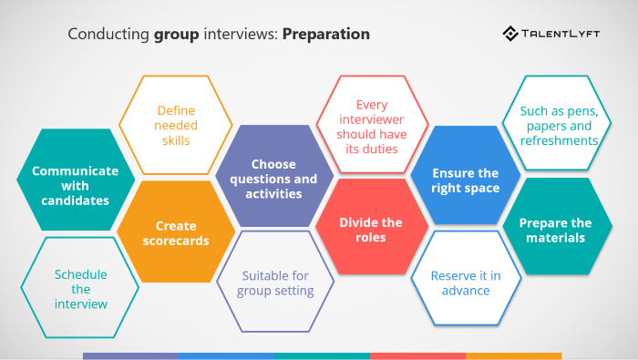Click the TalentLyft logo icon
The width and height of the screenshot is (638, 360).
point(511,35)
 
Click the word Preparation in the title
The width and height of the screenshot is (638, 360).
point(326,35)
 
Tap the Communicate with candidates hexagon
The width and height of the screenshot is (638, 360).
point(76,180)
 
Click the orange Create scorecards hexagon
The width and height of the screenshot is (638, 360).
point(176,232)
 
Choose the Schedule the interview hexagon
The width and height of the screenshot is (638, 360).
point(80,288)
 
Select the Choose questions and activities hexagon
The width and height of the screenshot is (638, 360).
point(274,178)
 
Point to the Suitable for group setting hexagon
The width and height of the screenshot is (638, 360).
point(275,283)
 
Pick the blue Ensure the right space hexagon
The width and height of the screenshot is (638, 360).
point(466,180)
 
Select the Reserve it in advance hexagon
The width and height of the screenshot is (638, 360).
point(466,283)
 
